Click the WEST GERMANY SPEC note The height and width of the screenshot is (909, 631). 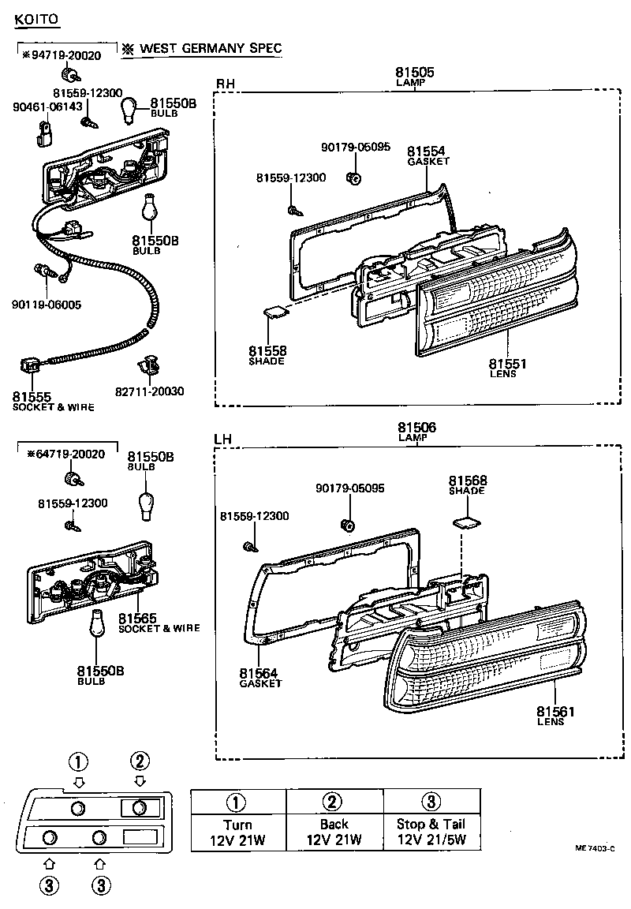(x=210, y=49)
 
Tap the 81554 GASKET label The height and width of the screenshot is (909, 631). (x=427, y=155)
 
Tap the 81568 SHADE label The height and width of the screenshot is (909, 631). (x=468, y=484)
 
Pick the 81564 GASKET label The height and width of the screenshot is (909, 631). (x=259, y=678)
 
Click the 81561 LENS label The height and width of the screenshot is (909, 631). (x=555, y=715)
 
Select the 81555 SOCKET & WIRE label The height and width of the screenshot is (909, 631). (x=52, y=402)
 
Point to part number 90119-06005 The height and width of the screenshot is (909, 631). (x=47, y=304)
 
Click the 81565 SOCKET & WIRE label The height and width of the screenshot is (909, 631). (x=159, y=623)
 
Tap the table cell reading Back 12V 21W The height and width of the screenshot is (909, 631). (x=334, y=832)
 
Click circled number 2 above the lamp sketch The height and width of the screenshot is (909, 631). (x=139, y=761)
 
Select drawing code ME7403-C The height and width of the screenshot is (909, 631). (x=595, y=848)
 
